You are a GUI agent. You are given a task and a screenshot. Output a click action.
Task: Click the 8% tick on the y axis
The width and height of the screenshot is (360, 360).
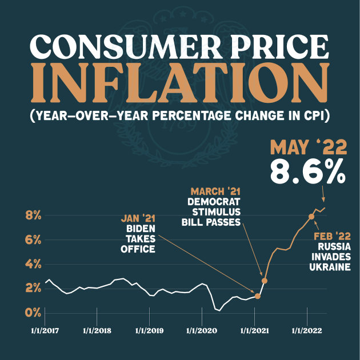pyautogui.click(x=33, y=215)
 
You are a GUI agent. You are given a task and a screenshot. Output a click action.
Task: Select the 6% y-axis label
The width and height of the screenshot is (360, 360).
pyautogui.click(x=33, y=240)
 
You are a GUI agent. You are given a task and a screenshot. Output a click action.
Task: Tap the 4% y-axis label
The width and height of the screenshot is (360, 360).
pyautogui.click(x=33, y=264)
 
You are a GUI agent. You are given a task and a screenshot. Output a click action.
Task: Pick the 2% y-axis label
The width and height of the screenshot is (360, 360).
pyautogui.click(x=33, y=289)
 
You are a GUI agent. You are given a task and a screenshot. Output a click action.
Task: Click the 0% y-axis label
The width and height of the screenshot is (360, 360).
pyautogui.click(x=33, y=313)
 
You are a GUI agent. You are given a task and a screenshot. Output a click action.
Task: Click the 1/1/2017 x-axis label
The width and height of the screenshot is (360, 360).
pyautogui.click(x=45, y=330)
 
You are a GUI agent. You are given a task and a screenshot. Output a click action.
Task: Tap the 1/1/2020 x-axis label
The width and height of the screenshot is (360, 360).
pyautogui.click(x=202, y=330)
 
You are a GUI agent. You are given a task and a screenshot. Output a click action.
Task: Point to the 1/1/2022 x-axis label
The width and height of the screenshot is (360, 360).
pyautogui.click(x=307, y=330)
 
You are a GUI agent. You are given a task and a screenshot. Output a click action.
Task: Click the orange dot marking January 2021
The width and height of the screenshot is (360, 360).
pyautogui.click(x=258, y=296)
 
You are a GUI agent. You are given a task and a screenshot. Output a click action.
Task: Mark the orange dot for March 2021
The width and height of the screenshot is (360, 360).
pyautogui.click(x=265, y=281)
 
